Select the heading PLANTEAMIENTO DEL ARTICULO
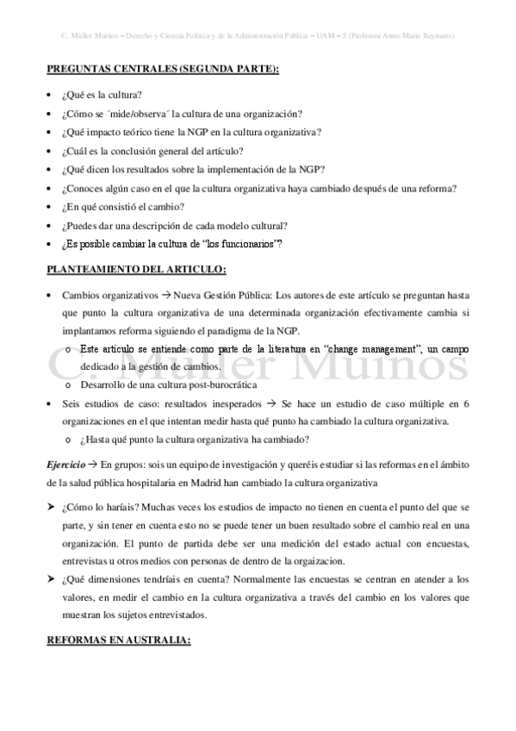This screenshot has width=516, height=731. coord(135,270)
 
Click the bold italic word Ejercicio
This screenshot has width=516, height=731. coord(65,465)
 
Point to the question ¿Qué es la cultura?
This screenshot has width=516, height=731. coord(102,94)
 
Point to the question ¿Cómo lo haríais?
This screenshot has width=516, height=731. coord(103,508)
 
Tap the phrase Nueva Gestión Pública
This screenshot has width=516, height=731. coord(222,295)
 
